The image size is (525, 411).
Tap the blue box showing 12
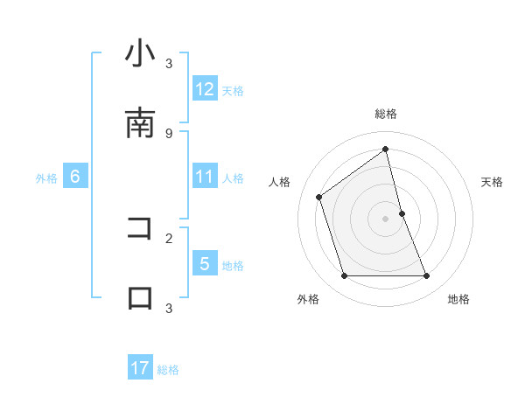(205, 89)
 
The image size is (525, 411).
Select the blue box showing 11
(205, 177)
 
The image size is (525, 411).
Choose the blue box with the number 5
(205, 264)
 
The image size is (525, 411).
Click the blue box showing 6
(75, 177)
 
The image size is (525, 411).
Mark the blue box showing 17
(140, 368)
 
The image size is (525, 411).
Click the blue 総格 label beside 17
(168, 370)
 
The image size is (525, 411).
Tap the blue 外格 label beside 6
(46, 178)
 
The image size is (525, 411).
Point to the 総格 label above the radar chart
(386, 114)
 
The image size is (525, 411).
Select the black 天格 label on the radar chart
(492, 182)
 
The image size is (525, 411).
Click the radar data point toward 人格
(319, 197)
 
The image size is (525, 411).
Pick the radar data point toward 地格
(426, 276)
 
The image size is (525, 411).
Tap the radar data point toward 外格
(344, 276)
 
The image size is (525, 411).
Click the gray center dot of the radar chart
(386, 219)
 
